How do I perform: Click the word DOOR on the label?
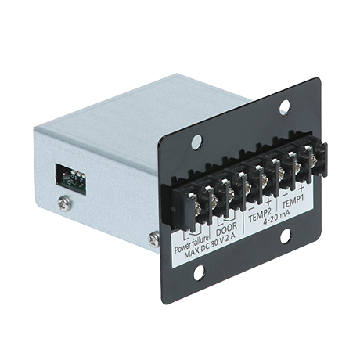coord(226,229)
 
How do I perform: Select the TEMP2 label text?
coord(261,215)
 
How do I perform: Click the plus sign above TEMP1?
coord(301,188)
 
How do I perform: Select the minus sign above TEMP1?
coord(285,195)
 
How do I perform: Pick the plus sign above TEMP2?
coord(268,202)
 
